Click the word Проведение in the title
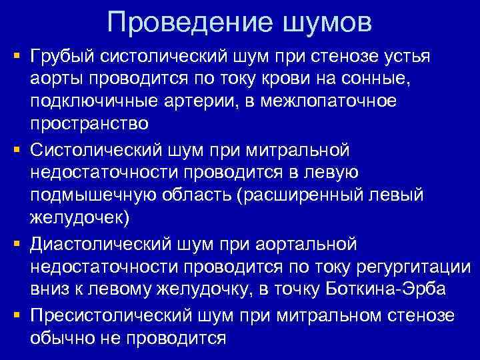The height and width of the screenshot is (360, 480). click(183, 23)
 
